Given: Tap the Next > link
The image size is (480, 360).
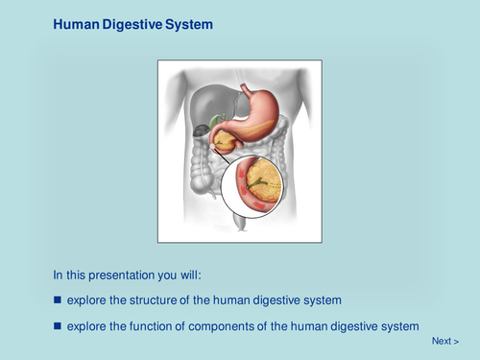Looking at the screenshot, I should (x=444, y=341).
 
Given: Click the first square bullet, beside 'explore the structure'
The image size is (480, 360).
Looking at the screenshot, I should (x=57, y=300).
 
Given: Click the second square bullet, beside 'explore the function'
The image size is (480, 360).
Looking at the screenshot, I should (x=57, y=325).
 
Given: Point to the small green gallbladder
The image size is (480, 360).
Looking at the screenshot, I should (x=217, y=120).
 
